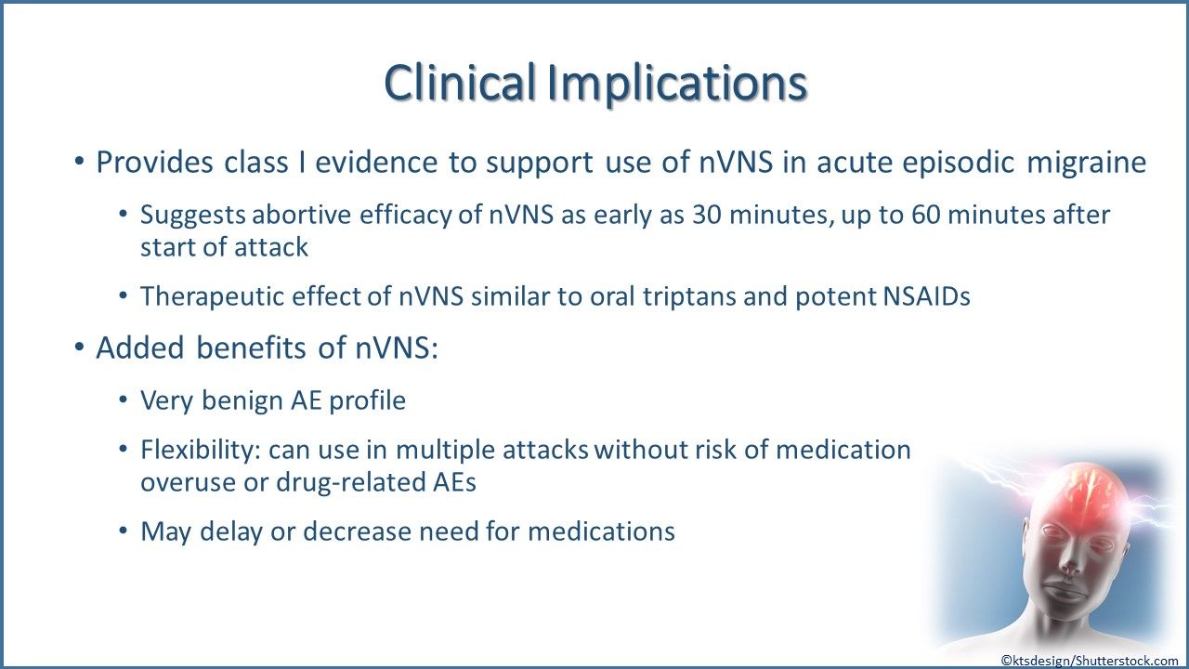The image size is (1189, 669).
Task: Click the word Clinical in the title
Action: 460,82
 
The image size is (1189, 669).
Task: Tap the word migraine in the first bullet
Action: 1087,163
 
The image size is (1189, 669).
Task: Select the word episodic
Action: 959,163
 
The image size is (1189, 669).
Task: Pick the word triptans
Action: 689,296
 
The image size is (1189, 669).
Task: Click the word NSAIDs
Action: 926,296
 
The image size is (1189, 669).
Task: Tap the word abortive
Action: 302,215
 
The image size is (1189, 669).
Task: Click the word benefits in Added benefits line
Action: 251,348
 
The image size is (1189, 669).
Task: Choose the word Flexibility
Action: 200,451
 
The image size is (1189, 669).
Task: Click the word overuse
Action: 188,483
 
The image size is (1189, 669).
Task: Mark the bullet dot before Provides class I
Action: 79,161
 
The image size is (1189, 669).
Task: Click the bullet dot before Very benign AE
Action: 124,400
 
